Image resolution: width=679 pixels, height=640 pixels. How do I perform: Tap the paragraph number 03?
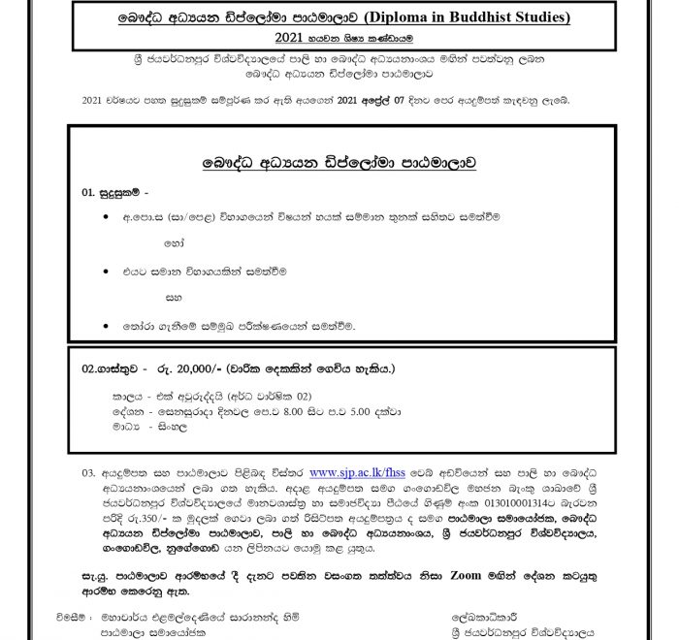pos(88,473)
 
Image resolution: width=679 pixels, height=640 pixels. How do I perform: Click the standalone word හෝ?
pos(174,240)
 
